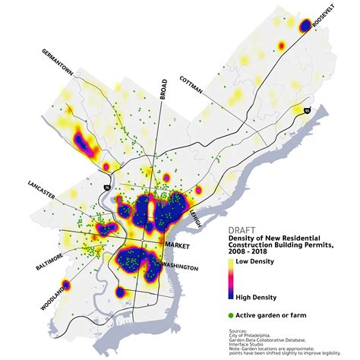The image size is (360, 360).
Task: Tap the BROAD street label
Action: click(x=163, y=89)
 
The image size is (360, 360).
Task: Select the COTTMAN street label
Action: click(x=192, y=86)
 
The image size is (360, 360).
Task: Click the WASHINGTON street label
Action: click(x=180, y=268)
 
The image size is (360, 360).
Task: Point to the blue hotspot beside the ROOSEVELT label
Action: click(x=305, y=27)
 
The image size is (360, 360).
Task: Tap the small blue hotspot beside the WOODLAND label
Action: click(x=66, y=286)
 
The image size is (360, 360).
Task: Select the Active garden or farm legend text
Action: click(x=270, y=314)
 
